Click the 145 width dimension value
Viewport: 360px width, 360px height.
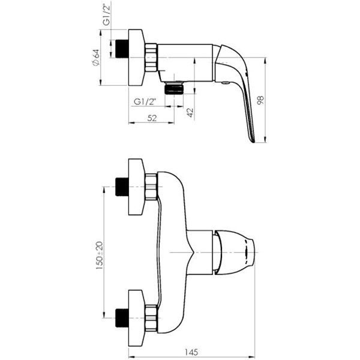tap(191, 352)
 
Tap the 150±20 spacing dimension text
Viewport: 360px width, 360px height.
tap(100, 255)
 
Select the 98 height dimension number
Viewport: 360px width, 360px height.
tap(260, 100)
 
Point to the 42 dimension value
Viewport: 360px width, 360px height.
tap(190, 113)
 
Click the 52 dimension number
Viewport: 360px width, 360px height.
tap(152, 118)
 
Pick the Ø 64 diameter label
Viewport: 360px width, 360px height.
tap(96, 58)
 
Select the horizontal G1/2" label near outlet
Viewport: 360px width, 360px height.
tap(145, 101)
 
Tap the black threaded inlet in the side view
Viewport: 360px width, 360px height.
tap(122, 49)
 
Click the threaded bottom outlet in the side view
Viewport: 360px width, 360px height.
tap(174, 89)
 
